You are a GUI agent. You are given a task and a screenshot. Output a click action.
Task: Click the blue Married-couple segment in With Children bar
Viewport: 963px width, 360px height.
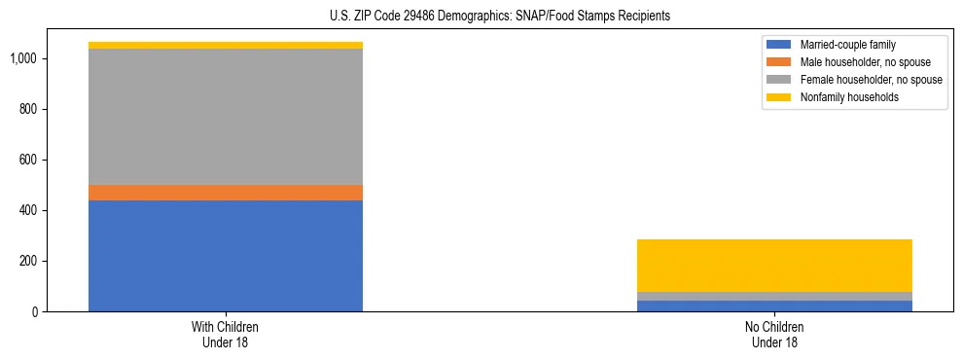click(x=226, y=256)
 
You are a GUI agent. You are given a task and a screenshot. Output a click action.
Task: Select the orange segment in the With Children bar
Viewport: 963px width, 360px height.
click(x=226, y=193)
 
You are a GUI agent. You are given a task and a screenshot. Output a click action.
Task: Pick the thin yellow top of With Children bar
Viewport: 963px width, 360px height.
click(x=226, y=46)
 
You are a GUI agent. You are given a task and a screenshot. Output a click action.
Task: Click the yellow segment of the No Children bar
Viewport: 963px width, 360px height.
click(x=774, y=266)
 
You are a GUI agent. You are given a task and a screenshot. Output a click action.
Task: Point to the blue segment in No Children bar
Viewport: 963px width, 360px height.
click(x=774, y=306)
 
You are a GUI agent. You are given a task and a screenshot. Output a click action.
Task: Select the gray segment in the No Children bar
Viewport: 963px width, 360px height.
click(x=774, y=296)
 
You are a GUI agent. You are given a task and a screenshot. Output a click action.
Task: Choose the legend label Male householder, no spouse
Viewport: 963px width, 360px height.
click(x=858, y=62)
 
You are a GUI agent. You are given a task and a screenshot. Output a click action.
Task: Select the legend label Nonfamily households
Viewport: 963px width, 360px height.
click(x=843, y=97)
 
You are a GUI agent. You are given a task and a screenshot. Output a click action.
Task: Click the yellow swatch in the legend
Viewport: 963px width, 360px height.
click(x=779, y=97)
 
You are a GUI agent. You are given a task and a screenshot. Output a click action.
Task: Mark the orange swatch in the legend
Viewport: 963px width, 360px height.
click(x=779, y=62)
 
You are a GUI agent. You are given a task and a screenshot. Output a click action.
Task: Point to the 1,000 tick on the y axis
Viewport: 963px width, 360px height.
click(x=23, y=59)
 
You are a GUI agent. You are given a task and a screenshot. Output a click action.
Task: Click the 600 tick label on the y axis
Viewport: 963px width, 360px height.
click(x=29, y=160)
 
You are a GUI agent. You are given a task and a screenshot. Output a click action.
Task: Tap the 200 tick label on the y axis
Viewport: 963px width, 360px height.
click(x=29, y=261)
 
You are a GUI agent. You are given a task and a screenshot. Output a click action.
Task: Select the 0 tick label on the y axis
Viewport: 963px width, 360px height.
click(x=35, y=312)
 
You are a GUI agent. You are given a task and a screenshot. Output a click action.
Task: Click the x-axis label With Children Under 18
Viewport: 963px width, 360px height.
click(x=226, y=335)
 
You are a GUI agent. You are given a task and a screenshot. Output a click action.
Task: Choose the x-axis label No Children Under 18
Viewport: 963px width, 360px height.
click(x=774, y=335)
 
